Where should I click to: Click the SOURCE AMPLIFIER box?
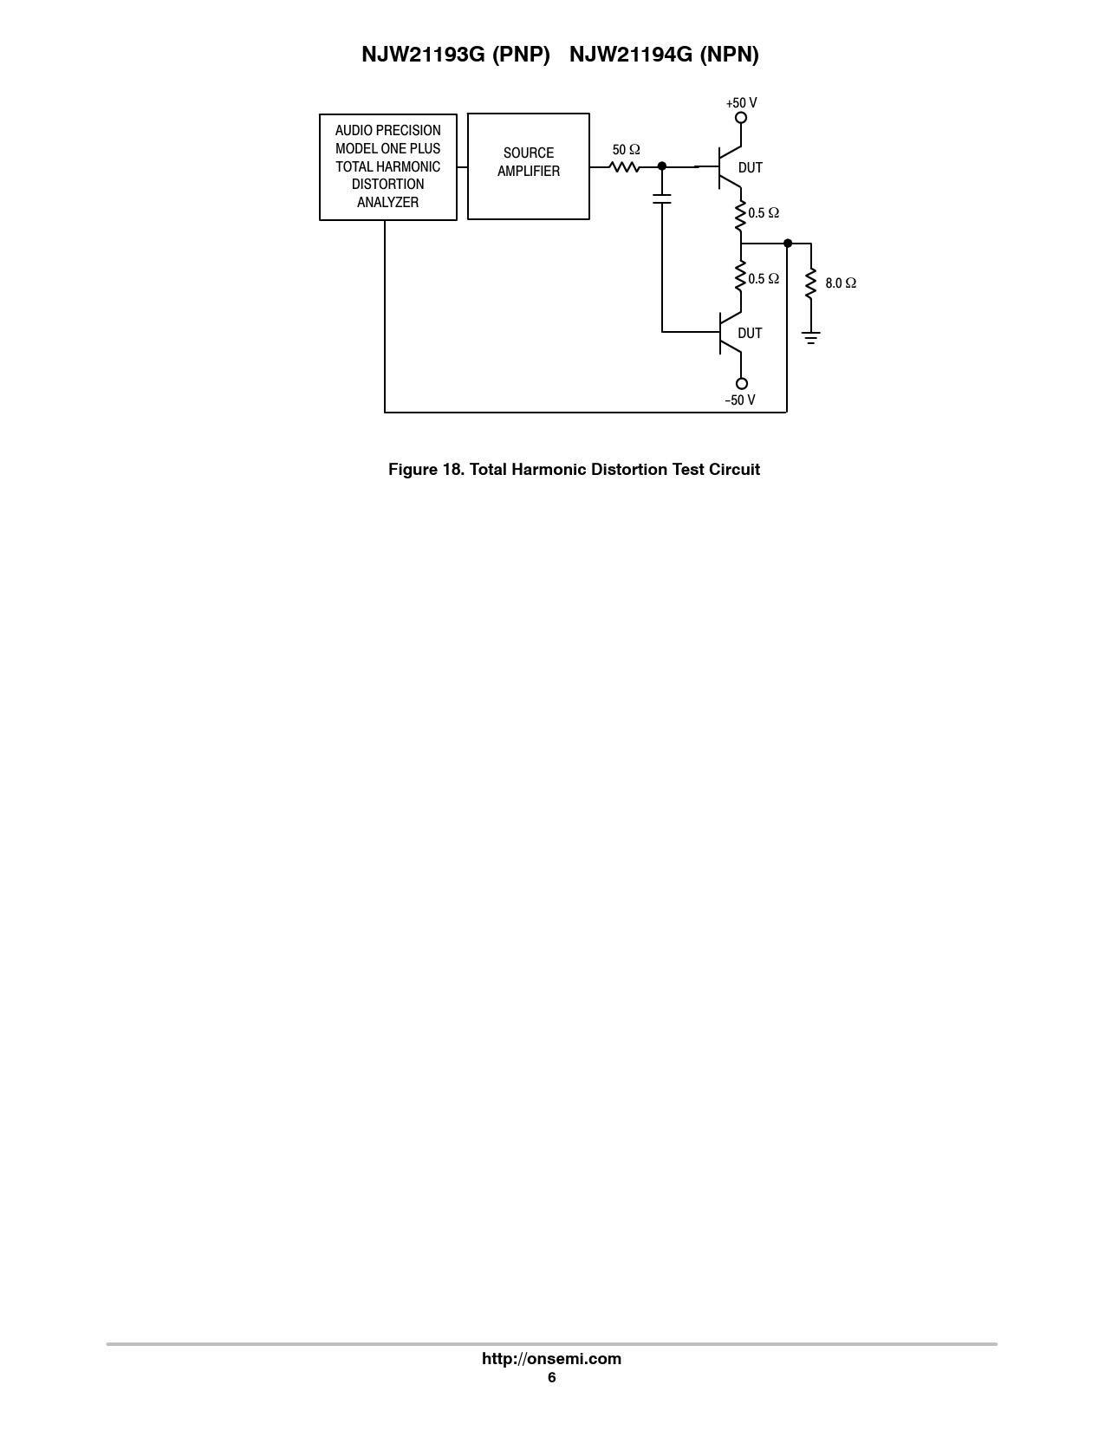click(x=528, y=166)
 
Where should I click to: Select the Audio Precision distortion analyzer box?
click(x=387, y=166)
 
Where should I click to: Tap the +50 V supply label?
click(x=741, y=103)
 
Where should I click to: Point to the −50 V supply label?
click(x=741, y=400)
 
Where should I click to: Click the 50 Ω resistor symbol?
click(x=625, y=166)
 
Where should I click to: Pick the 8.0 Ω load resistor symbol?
click(x=811, y=283)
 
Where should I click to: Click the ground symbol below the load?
click(x=811, y=337)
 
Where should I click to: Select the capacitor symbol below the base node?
click(x=662, y=200)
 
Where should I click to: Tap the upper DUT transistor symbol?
click(x=728, y=166)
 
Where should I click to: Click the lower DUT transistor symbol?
click(x=728, y=333)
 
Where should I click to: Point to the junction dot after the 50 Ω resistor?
click(x=662, y=166)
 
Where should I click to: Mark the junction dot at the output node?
click(x=787, y=244)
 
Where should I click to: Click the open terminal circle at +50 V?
click(x=741, y=118)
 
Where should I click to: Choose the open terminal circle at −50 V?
click(x=741, y=384)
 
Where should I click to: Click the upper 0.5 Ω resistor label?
click(x=764, y=213)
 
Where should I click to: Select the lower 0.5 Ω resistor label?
click(x=764, y=279)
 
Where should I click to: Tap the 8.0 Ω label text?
click(x=841, y=283)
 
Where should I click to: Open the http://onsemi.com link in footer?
click(x=551, y=1359)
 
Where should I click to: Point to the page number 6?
click(x=551, y=1378)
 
